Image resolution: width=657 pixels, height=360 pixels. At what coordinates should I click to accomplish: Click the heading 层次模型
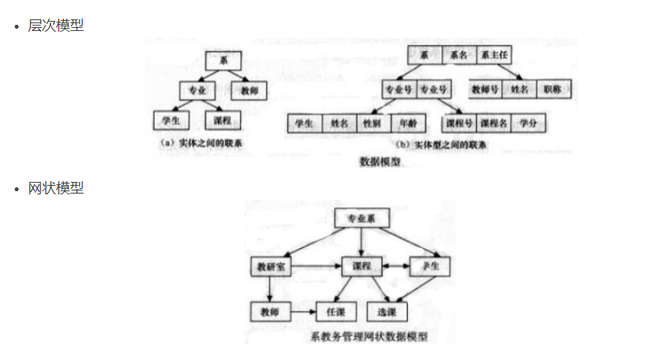coord(56,26)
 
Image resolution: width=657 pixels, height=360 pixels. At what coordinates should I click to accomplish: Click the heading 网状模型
coord(56,188)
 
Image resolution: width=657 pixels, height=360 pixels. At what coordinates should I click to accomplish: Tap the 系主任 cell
coord(494,56)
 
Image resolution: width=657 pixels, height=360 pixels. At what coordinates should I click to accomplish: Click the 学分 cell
coord(529,123)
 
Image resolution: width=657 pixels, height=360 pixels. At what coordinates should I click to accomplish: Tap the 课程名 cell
coord(493,123)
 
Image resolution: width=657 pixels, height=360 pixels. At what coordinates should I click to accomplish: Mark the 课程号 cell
coord(458,123)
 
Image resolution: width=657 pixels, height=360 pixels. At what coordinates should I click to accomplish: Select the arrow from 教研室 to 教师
coord(269,289)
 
